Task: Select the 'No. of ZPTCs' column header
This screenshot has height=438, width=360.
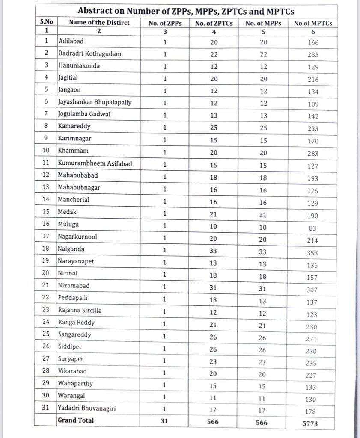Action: point(214,23)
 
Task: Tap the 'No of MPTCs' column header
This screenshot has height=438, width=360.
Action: point(312,23)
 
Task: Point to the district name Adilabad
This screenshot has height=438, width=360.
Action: point(71,41)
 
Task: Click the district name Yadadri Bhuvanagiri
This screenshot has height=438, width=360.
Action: point(87,408)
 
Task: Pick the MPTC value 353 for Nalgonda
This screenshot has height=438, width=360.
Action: point(312,253)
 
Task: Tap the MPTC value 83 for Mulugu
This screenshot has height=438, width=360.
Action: point(312,228)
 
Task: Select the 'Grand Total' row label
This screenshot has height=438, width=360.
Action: point(76,420)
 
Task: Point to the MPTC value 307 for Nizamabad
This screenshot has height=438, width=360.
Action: point(312,290)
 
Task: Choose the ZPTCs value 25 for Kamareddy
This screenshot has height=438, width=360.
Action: point(214,127)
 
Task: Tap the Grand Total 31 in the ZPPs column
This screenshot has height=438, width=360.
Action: point(164,421)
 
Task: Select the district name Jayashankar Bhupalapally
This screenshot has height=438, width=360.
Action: point(95,102)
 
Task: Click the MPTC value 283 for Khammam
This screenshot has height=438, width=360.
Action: point(312,154)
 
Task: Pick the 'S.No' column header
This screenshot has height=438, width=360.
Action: point(45,22)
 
